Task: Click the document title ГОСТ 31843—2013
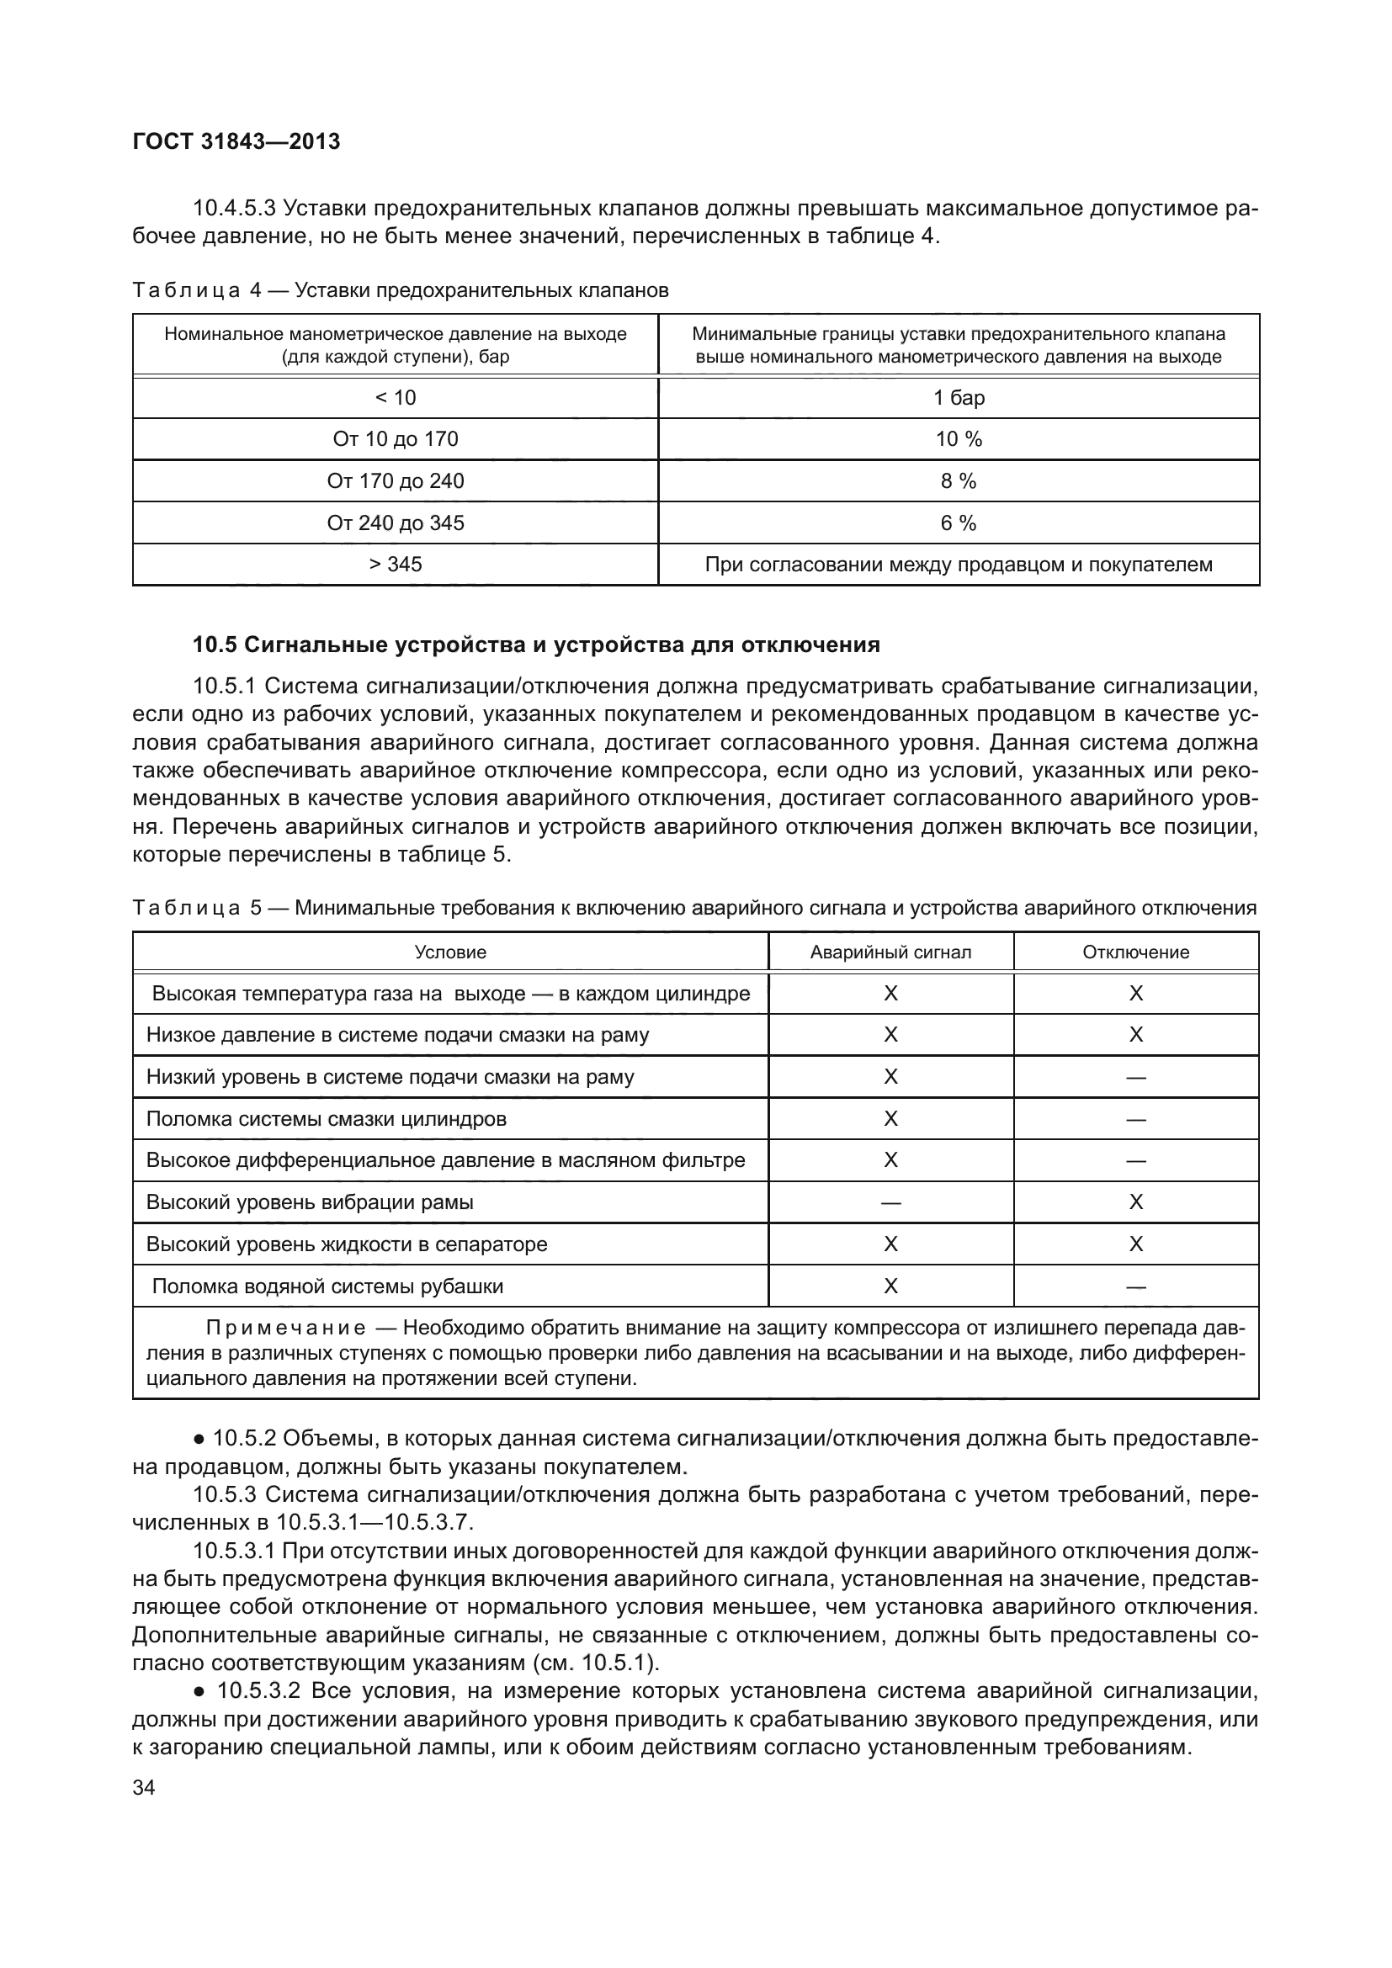[x=236, y=141]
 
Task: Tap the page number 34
[x=144, y=1787]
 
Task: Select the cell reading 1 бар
[x=959, y=398]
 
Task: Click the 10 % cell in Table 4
[x=959, y=440]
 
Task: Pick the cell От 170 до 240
[x=396, y=481]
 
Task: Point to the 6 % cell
[x=959, y=523]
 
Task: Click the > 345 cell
[x=396, y=564]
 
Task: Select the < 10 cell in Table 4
[x=396, y=398]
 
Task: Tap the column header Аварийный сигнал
[x=890, y=952]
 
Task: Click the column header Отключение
[x=1135, y=952]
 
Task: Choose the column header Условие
[x=450, y=952]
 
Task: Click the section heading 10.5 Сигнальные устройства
[x=536, y=645]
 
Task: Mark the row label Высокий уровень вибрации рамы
[x=310, y=1202]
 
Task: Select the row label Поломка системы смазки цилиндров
[x=326, y=1119]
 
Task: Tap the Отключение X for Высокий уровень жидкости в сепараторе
[x=1135, y=1244]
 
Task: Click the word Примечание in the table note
[x=285, y=1329]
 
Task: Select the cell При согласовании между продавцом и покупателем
[x=959, y=565]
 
